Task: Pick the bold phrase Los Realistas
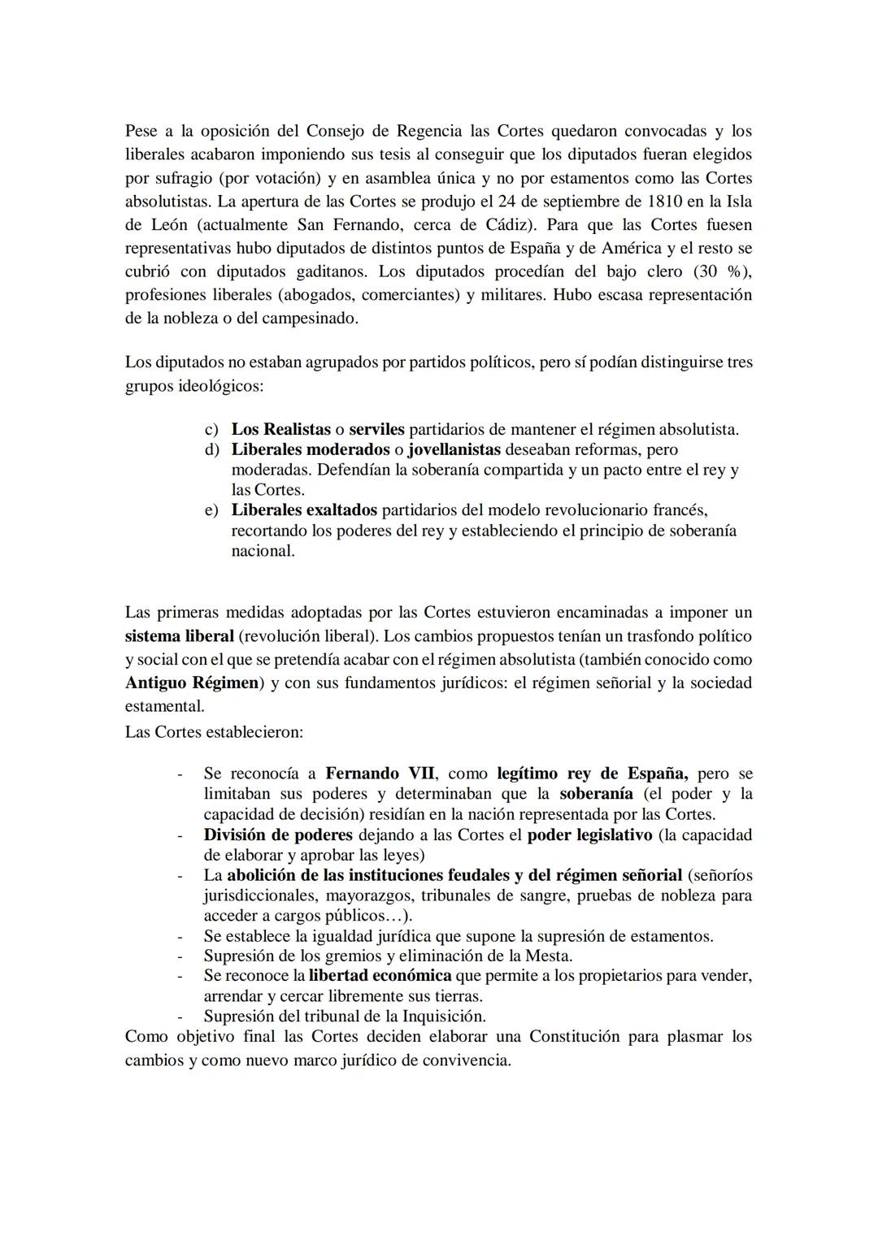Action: [x=280, y=430]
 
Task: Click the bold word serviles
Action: [x=376, y=430]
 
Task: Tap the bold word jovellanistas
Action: [x=454, y=449]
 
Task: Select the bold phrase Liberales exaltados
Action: [x=304, y=510]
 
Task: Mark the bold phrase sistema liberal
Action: [x=179, y=635]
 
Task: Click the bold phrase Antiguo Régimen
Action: [x=191, y=683]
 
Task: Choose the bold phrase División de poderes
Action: [x=278, y=835]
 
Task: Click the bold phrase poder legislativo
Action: [x=589, y=835]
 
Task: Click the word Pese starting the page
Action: [x=141, y=131]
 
